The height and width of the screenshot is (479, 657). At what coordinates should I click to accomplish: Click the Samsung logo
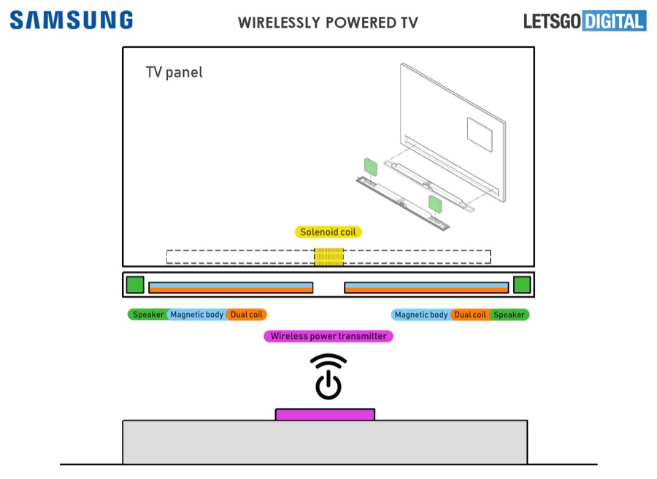click(x=71, y=20)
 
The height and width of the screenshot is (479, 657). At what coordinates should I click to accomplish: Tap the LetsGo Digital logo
click(x=584, y=20)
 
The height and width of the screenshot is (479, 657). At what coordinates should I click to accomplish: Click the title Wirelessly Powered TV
click(x=328, y=23)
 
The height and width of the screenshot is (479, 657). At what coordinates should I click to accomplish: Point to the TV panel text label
click(x=174, y=72)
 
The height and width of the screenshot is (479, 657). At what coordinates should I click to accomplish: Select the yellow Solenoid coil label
click(x=328, y=232)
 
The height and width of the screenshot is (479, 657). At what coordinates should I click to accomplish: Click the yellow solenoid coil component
click(x=328, y=257)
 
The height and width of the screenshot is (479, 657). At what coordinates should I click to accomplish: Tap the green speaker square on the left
click(x=135, y=285)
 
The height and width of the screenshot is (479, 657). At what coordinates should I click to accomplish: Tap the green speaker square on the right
click(x=521, y=285)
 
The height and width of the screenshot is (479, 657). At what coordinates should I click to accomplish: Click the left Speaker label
click(x=147, y=315)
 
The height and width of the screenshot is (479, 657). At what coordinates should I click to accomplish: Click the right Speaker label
click(x=509, y=315)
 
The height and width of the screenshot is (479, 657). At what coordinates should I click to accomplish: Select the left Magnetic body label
click(x=197, y=315)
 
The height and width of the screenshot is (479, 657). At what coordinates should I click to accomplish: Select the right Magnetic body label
click(x=421, y=315)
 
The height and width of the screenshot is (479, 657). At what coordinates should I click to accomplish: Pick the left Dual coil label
click(x=247, y=315)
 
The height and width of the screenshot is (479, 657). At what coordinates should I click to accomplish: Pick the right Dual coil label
click(x=470, y=315)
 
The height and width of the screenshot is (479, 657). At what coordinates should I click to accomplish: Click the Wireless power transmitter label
click(x=328, y=337)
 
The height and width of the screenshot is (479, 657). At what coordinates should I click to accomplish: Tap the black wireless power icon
click(x=328, y=377)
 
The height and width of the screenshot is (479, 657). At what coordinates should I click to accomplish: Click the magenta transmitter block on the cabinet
click(x=325, y=415)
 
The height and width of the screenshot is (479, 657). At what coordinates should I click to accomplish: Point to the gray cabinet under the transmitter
click(x=325, y=442)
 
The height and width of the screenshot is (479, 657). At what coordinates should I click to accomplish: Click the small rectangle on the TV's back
click(x=480, y=129)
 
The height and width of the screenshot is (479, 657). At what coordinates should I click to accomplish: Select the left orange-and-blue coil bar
click(x=231, y=288)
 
